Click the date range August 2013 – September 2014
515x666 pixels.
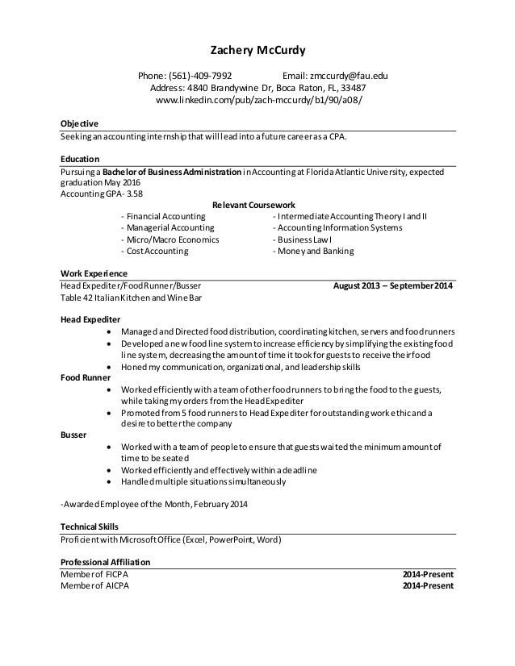(x=393, y=285)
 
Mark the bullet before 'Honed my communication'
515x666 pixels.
(x=110, y=366)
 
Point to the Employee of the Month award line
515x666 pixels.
(x=156, y=506)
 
